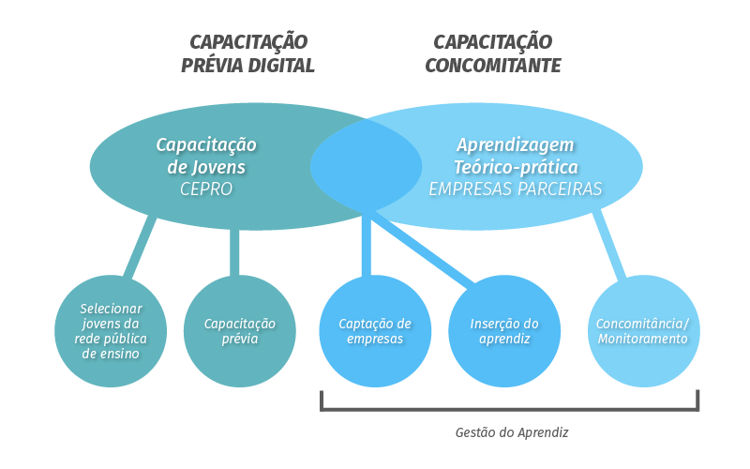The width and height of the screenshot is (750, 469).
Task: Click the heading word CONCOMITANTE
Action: pos(493,66)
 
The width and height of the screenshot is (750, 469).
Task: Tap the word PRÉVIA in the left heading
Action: pos(210,66)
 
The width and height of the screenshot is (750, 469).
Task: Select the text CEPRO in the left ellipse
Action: pos(206,189)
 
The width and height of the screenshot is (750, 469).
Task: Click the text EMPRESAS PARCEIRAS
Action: pos(515,189)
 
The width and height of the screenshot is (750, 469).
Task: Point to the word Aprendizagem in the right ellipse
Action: pos(515,145)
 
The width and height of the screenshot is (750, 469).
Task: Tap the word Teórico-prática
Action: pos(516,168)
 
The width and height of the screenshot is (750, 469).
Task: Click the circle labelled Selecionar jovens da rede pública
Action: pos(111,331)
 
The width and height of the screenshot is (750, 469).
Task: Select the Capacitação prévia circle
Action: pos(240,331)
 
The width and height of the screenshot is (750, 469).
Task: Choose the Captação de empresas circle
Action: pos(375,331)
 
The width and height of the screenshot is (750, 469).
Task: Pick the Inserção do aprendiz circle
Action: pos(504,331)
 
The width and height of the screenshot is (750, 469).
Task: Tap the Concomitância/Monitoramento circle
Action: pos(644,331)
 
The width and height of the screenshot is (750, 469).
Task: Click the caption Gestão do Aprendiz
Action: pos(512,432)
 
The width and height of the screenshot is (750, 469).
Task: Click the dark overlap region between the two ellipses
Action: pos(366,167)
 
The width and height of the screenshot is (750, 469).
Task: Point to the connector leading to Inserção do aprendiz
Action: pos(423,248)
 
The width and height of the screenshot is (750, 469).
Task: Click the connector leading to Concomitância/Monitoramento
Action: pos(609,244)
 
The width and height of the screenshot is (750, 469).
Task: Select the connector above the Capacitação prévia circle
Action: pos(234,252)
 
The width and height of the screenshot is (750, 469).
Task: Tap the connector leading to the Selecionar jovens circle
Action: pos(140,247)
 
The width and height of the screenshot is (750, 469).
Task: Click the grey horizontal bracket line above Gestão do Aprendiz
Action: pos(509,409)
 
